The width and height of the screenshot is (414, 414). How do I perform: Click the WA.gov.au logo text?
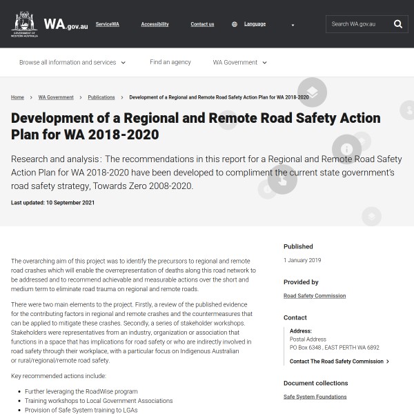coord(66,24)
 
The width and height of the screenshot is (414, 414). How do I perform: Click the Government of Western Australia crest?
coord(25,23)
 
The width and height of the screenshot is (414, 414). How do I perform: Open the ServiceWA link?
coord(107,24)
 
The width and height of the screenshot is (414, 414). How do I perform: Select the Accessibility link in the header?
coord(155,24)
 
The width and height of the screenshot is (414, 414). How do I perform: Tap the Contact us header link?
coord(202,24)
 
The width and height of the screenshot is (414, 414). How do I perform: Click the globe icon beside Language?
coord(235,24)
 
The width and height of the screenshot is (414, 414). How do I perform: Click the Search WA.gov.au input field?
coord(359,24)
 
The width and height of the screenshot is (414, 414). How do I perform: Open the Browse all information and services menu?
coord(72,62)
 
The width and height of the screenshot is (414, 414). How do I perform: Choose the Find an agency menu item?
coord(170,62)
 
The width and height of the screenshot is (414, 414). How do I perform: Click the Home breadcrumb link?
coord(17,97)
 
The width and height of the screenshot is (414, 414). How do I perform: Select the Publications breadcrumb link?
coord(101,97)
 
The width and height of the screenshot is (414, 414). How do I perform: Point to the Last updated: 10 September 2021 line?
coord(53,203)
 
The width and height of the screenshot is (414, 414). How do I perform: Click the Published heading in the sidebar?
coord(298,246)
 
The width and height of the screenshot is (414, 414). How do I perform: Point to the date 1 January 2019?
coord(302,260)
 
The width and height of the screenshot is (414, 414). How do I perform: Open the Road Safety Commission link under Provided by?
coord(315,295)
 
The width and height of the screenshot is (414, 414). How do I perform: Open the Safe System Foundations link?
coord(315,397)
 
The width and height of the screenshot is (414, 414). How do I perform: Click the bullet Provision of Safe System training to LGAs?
coord(81,410)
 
